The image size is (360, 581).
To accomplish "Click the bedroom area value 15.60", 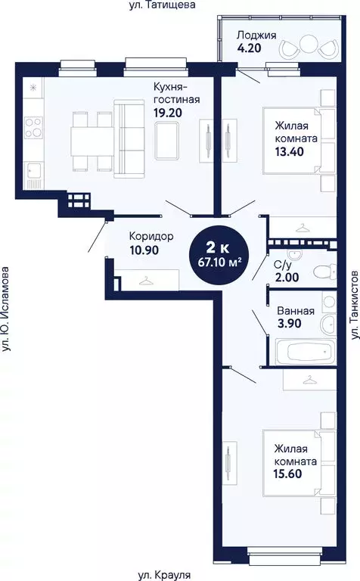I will (x=290, y=476).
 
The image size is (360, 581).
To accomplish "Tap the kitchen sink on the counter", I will (x=33, y=176).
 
